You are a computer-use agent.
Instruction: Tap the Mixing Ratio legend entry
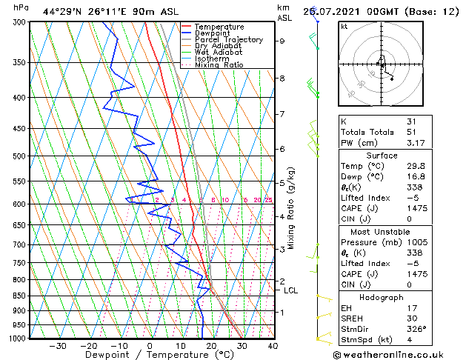coord(219,65)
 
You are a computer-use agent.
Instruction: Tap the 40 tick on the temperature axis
coord(272,346)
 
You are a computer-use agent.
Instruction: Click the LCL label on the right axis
coord(290,290)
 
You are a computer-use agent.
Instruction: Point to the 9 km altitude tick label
coord(282,41)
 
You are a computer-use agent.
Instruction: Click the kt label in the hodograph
coord(344,26)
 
